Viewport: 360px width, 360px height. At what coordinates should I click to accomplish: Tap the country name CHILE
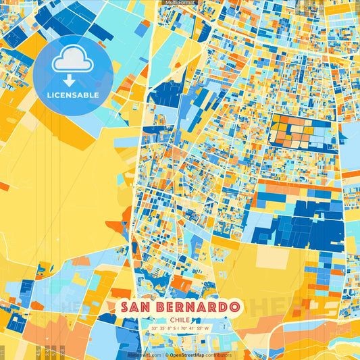(180, 320)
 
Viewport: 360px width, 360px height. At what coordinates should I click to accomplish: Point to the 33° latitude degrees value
(155, 329)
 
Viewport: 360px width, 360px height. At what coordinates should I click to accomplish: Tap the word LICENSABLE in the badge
(73, 95)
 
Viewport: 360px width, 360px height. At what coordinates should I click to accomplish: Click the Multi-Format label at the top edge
(180, 3)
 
